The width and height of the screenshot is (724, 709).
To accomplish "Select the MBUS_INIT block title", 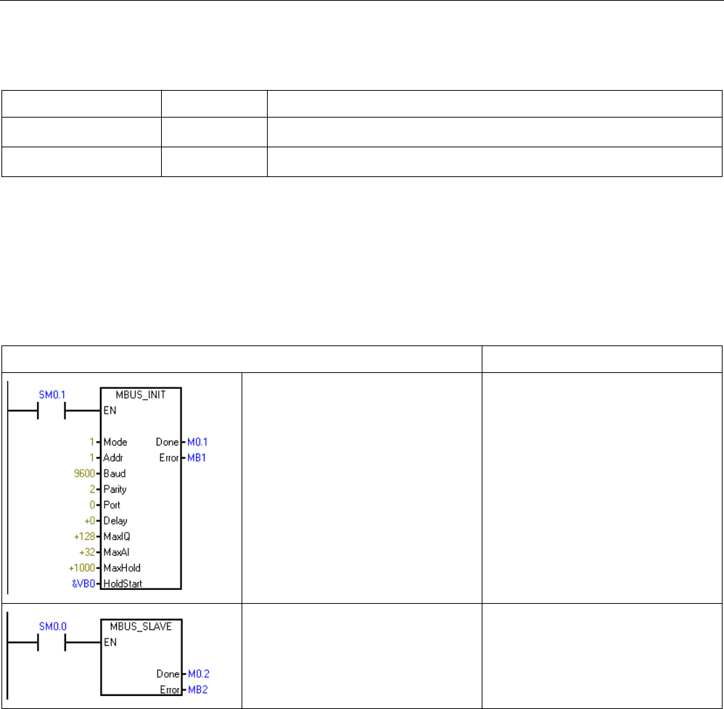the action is [x=141, y=395].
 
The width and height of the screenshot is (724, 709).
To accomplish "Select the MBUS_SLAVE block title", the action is [x=141, y=626].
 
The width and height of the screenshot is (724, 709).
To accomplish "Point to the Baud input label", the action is [x=115, y=473].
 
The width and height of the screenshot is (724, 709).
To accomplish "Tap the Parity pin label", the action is [x=115, y=489].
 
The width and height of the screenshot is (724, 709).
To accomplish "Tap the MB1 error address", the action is [x=196, y=458].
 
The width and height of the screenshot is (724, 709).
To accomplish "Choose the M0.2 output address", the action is [x=197, y=673].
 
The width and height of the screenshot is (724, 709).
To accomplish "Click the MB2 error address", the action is [x=197, y=689].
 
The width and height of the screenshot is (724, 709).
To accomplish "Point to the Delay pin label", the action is [x=115, y=520].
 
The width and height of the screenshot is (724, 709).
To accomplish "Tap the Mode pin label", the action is [x=115, y=442].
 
